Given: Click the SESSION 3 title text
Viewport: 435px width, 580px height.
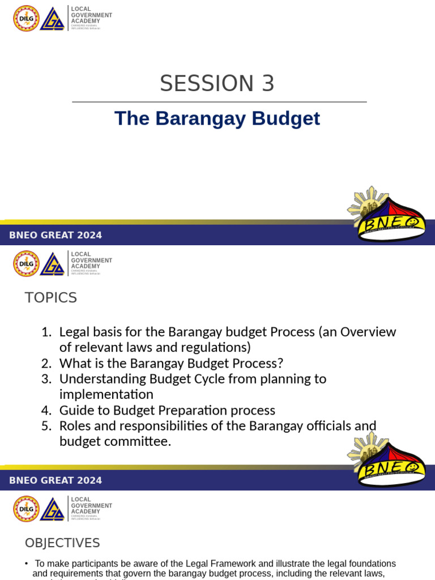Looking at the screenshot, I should [x=217, y=84].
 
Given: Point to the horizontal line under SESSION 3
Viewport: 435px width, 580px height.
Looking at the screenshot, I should [x=219, y=102].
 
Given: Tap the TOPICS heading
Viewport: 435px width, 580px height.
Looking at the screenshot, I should [x=51, y=297].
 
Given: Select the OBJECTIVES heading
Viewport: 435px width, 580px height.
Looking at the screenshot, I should [x=62, y=543].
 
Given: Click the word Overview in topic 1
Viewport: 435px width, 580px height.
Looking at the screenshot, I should [x=368, y=332].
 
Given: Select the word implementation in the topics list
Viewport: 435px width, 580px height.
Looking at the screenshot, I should [x=106, y=394].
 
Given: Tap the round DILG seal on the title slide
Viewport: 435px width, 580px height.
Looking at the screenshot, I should [x=26, y=18].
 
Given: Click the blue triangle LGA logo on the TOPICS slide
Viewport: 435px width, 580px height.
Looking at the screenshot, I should [x=53, y=264].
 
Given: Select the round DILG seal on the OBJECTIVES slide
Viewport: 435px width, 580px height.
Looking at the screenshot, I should [x=26, y=509].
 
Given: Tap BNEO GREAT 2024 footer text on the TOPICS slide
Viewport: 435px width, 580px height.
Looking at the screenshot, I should [x=56, y=480].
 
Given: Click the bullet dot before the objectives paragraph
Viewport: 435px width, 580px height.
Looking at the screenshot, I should [x=27, y=564].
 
